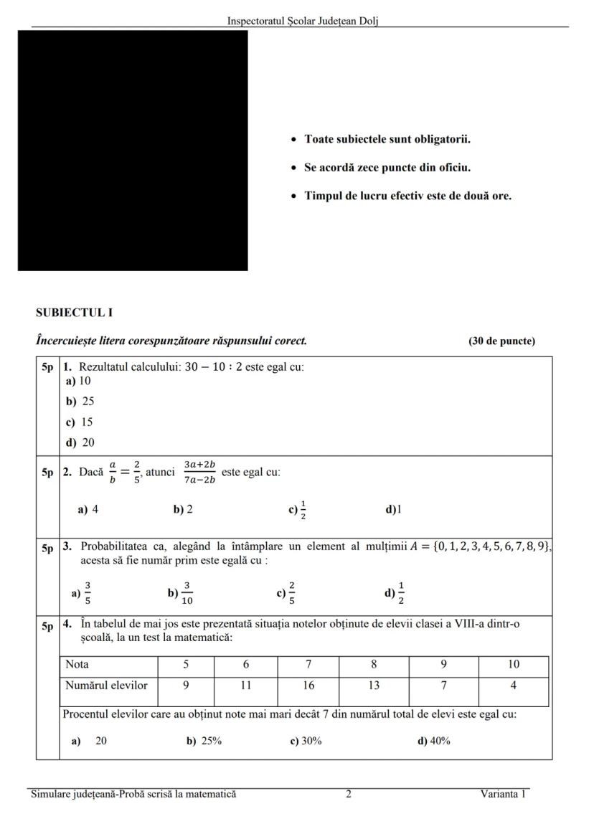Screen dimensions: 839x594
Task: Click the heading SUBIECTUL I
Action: click(x=75, y=313)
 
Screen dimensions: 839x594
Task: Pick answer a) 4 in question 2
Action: click(x=88, y=510)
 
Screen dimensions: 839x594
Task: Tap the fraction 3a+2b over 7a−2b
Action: click(x=199, y=473)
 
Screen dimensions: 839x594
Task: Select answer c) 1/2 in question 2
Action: click(x=298, y=510)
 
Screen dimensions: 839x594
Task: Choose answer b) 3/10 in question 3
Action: click(x=181, y=593)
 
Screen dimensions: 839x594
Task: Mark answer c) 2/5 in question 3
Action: click(x=286, y=593)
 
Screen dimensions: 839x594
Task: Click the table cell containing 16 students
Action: click(x=308, y=686)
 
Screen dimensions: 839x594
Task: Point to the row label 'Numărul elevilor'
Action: click(x=106, y=686)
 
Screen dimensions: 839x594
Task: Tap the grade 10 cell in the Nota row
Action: click(x=513, y=665)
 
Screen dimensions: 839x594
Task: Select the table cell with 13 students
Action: click(x=374, y=686)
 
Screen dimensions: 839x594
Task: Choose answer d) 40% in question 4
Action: click(x=433, y=741)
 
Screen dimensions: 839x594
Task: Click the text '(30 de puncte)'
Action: click(x=501, y=341)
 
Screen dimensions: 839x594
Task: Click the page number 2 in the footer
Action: click(x=349, y=794)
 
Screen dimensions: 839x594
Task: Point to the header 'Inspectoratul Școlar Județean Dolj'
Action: click(x=303, y=21)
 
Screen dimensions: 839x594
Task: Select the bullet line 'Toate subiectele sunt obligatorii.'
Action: click(x=387, y=139)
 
